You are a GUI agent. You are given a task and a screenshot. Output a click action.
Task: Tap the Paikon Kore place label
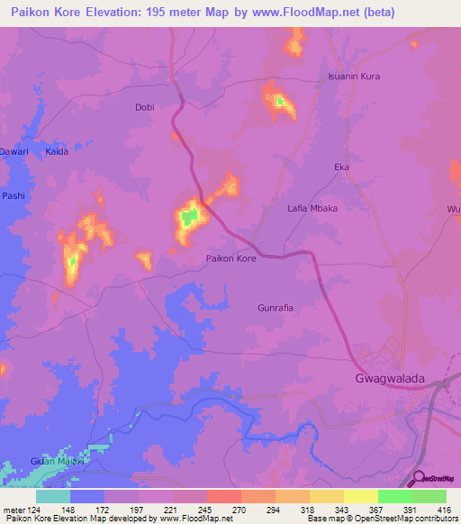(x=231, y=258)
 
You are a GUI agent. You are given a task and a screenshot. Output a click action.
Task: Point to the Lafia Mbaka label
(x=312, y=208)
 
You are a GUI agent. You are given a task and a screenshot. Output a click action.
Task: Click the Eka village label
(x=341, y=167)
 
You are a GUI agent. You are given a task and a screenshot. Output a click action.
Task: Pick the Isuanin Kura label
(x=354, y=77)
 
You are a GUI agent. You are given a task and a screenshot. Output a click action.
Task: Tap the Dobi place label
(x=144, y=107)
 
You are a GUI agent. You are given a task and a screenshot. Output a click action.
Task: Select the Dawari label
(x=13, y=152)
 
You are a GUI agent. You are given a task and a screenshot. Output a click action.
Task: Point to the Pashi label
(x=13, y=195)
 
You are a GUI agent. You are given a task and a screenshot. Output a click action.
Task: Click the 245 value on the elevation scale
(x=207, y=509)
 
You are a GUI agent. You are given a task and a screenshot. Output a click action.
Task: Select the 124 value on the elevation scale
(x=36, y=509)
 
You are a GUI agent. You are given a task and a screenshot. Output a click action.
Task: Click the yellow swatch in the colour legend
(x=361, y=496)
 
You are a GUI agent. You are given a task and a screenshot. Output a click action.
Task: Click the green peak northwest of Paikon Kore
(x=189, y=217)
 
